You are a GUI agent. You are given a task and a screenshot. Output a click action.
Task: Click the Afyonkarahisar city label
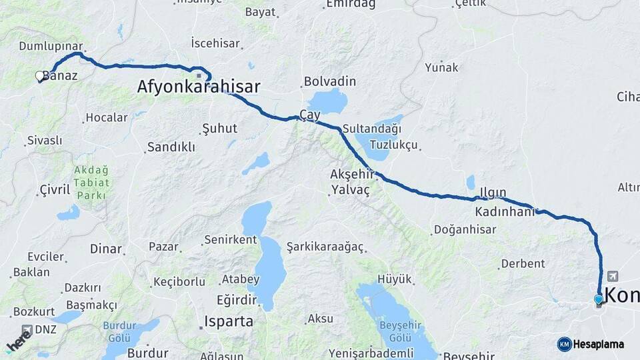click(198, 87)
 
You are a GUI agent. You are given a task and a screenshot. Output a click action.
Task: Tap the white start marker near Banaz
click(40, 76)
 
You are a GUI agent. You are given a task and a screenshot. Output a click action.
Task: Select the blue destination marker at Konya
click(599, 299)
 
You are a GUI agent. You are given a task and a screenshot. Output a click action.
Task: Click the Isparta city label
click(229, 321)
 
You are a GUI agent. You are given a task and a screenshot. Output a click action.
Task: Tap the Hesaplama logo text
click(598, 345)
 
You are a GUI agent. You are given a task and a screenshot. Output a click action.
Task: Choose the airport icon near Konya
click(613, 276)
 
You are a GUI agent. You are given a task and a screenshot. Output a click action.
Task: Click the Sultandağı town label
click(372, 129)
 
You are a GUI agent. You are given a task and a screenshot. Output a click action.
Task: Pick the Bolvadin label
click(330, 82)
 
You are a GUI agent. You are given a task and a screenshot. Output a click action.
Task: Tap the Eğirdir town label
click(236, 299)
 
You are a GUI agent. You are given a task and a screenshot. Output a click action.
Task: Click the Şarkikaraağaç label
click(325, 247)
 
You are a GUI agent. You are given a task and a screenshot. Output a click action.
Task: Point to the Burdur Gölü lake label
click(119, 331)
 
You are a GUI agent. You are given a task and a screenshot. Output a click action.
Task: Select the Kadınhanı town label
click(505, 212)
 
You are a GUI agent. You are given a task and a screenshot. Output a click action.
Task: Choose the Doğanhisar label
click(465, 230)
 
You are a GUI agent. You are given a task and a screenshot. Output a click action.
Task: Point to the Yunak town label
click(442, 67)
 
